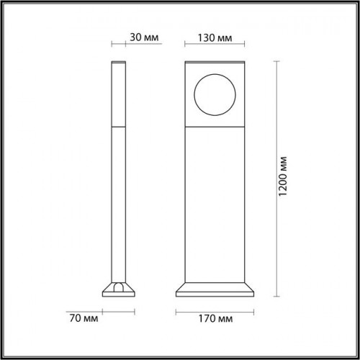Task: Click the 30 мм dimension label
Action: click(x=144, y=37)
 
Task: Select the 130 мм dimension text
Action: click(x=215, y=38)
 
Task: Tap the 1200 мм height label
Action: click(x=283, y=176)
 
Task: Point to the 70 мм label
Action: click(x=84, y=318)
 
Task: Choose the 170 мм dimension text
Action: click(x=215, y=319)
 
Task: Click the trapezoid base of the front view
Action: click(x=215, y=289)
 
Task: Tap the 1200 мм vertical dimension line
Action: click(x=276, y=179)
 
